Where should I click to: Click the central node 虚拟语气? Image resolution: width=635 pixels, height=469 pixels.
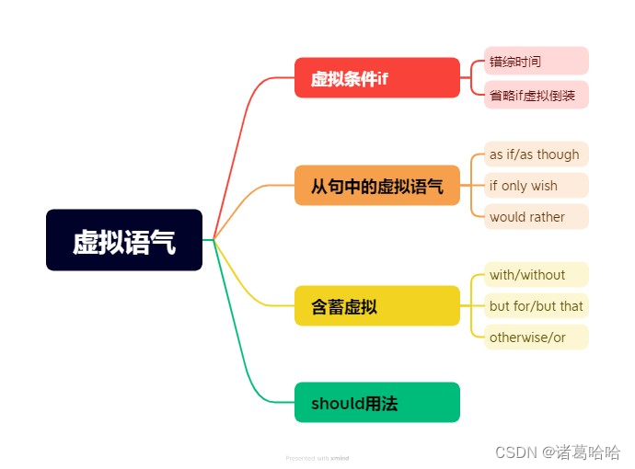point(124,240)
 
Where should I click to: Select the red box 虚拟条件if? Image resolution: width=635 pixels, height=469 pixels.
point(376,78)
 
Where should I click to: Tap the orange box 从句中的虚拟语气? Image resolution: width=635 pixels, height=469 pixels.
point(376,186)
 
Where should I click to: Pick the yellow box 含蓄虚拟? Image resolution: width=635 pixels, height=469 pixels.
point(376,305)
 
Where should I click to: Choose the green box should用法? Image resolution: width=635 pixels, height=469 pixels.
point(376,402)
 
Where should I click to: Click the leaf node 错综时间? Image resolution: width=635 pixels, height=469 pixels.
point(536,61)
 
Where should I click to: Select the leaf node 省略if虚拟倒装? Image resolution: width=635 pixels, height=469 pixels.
point(536,94)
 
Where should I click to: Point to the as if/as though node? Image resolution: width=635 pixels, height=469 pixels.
point(536,154)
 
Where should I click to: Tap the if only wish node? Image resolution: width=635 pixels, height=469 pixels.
point(536,186)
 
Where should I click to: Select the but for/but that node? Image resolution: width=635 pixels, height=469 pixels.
point(536,305)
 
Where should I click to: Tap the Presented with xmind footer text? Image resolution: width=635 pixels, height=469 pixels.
point(317,457)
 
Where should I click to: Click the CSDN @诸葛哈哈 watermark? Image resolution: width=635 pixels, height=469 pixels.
point(558,452)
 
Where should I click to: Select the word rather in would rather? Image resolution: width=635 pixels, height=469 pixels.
point(547,217)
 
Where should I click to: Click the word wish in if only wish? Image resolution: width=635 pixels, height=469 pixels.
point(544,186)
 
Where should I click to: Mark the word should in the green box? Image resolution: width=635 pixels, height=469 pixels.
point(332,403)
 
